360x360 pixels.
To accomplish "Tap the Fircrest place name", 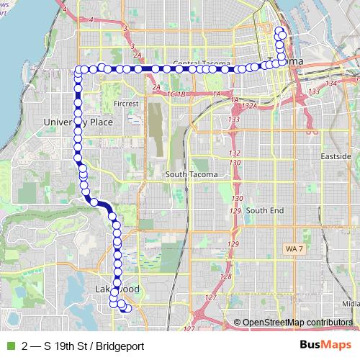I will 125,104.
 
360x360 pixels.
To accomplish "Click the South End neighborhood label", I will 265,210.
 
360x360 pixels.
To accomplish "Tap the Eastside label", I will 336,156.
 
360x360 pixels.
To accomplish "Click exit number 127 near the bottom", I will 210,297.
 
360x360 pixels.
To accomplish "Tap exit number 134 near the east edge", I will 331,84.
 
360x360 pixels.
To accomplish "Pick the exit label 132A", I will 249,106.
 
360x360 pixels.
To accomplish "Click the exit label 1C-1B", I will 176,94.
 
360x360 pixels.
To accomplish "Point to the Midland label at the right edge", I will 352,303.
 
